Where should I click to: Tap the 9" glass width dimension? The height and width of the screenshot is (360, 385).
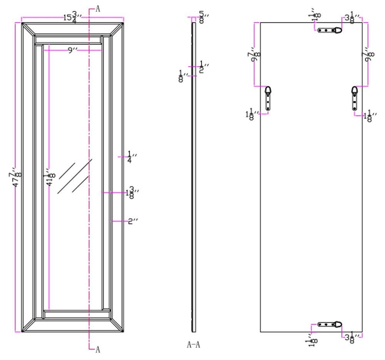coord(72,50)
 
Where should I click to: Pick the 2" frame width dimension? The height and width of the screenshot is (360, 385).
coord(132,221)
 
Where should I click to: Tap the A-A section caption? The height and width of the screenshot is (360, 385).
coord(193,344)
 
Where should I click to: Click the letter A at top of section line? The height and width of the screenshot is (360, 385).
coord(98,9)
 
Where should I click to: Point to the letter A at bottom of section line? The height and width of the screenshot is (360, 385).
coord(98,349)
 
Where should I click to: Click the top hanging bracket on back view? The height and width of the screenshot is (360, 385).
coord(330,30)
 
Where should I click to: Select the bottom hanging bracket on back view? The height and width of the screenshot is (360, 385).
coord(330,325)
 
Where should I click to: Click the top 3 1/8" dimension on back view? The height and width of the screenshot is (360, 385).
coord(352,18)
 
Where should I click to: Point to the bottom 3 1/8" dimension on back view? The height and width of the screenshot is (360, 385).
coord(352,338)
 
